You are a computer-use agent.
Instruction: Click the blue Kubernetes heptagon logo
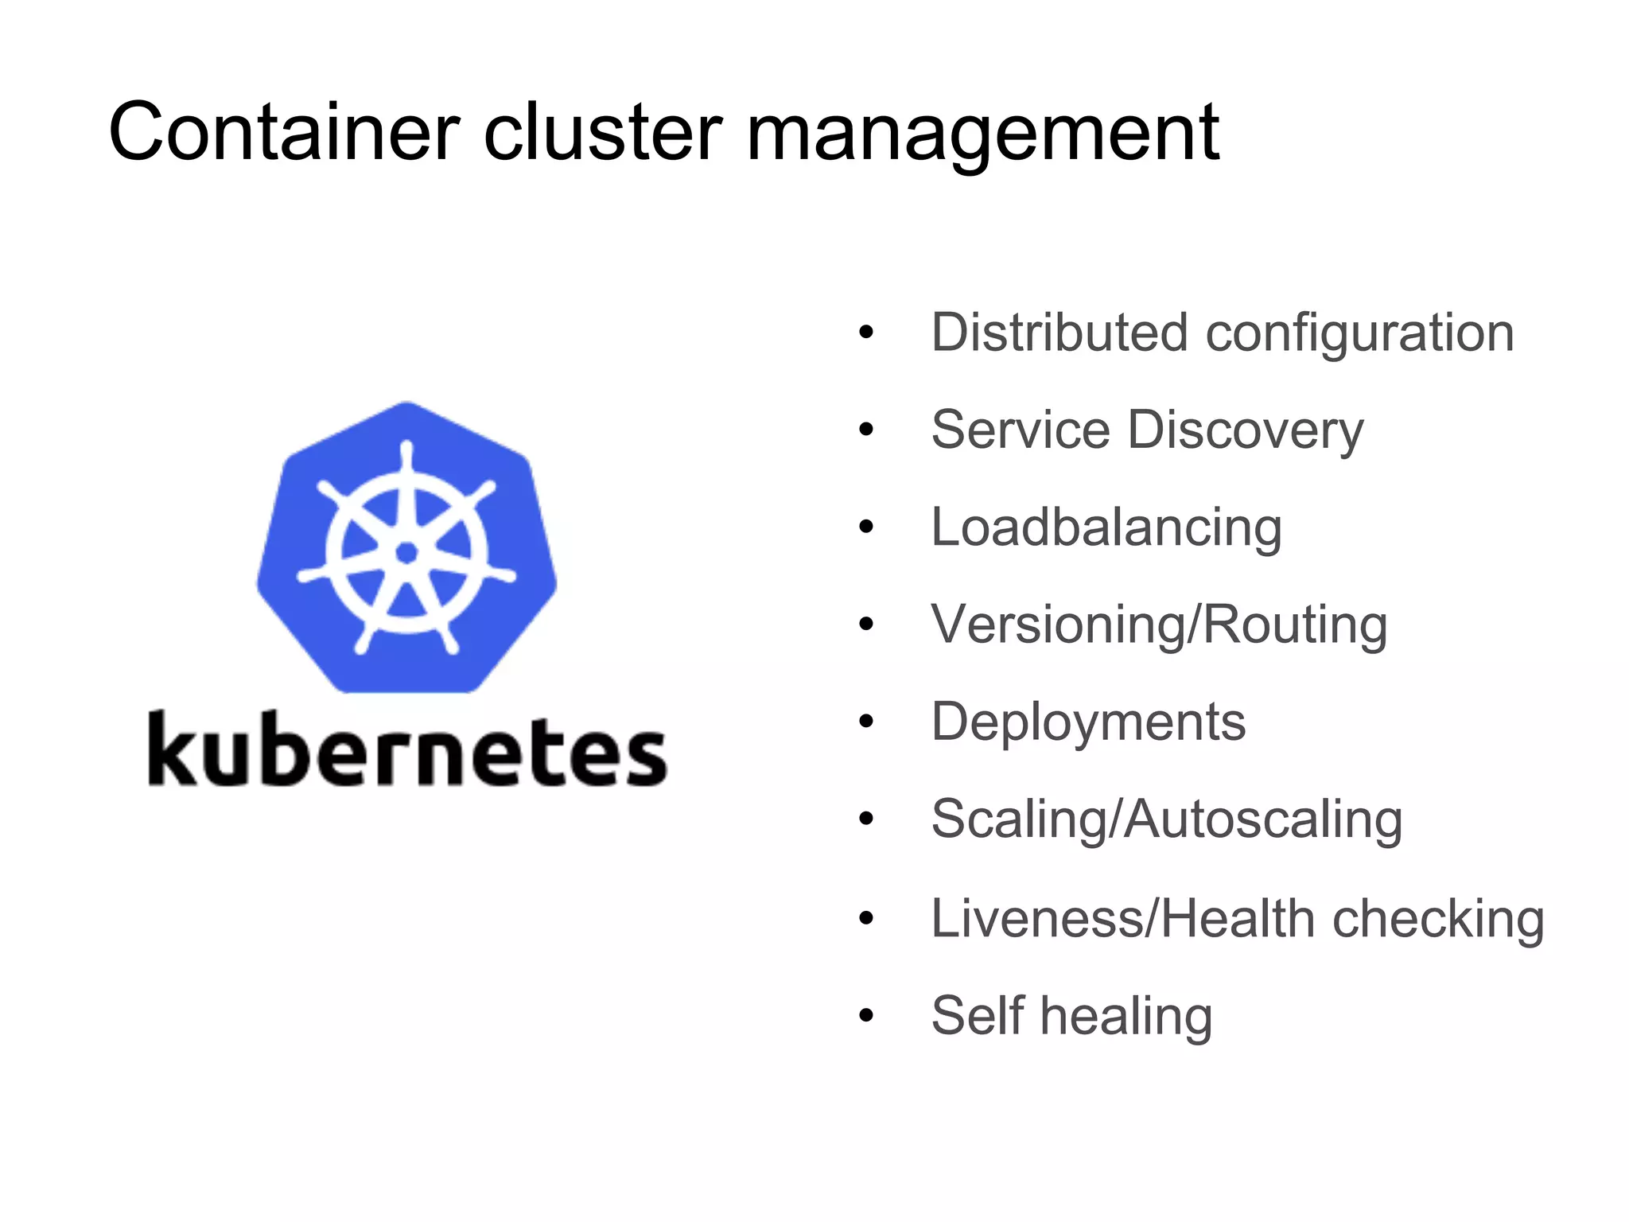[406, 549]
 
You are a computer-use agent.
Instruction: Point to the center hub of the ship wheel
[406, 552]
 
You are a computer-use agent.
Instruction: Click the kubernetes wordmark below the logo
[407, 749]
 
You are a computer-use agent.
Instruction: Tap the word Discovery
[1246, 431]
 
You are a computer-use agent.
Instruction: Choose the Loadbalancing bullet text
[1106, 528]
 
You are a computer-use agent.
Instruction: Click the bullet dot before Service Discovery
[866, 430]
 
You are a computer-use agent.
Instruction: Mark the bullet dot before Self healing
[866, 1016]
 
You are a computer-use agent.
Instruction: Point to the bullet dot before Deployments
[866, 722]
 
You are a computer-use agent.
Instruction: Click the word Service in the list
[1021, 430]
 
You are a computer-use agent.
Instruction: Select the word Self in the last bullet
[978, 1015]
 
